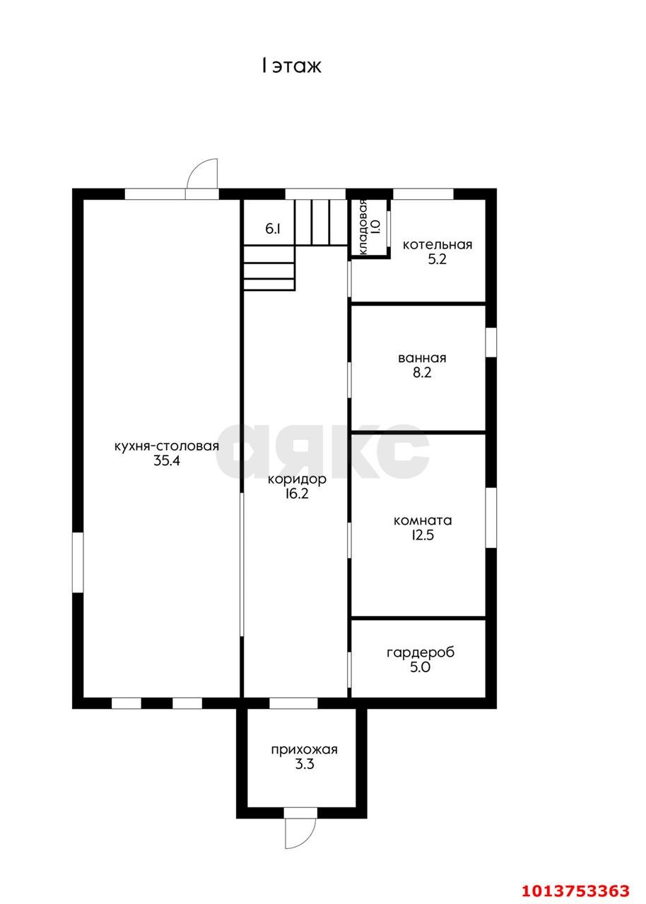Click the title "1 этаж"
[x=291, y=66]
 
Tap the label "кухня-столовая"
[x=166, y=446]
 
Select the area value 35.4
[x=166, y=460]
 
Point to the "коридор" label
[x=297, y=479]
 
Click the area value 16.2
[x=297, y=494]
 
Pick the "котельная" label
[x=437, y=244]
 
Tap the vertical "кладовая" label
[x=362, y=227]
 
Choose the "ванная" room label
[x=422, y=358]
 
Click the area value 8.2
[x=422, y=372]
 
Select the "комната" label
[x=423, y=521]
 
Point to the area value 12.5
[x=423, y=535]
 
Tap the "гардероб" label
[x=421, y=653]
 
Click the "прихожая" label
[x=304, y=750]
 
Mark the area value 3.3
[x=304, y=764]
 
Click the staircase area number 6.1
[x=273, y=230]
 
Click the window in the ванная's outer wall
[x=491, y=343]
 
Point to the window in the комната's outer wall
[x=491, y=518]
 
